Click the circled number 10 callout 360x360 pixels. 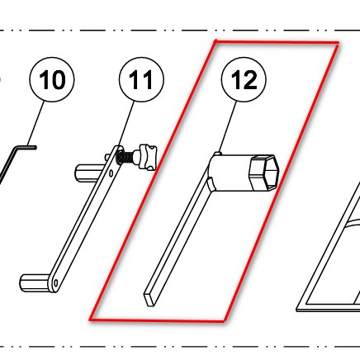pos(52,79)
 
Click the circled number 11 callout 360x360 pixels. pos(141,79)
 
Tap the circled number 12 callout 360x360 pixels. pos(244,79)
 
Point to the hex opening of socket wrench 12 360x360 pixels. pos(264,173)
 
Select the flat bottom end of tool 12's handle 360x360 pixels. pos(149,299)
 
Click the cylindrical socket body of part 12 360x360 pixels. pos(230,173)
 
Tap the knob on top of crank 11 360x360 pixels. pos(148,156)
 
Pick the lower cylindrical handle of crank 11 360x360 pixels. pos(36,282)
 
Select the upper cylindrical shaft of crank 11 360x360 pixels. pos(89,173)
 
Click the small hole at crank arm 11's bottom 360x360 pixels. pos(56,282)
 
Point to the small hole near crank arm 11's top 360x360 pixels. pos(111,173)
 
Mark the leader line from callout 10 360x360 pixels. pos(36,124)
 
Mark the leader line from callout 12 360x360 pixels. pos(228,127)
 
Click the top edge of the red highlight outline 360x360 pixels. pos(277,42)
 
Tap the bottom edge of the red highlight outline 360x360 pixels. pos(157,320)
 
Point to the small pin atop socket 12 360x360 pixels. pos(218,154)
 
